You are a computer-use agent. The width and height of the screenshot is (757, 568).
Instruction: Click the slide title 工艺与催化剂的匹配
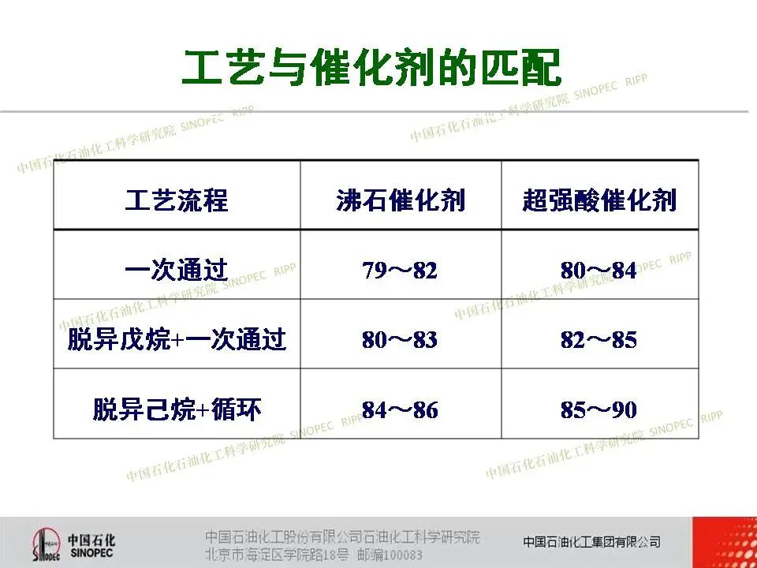coord(371,68)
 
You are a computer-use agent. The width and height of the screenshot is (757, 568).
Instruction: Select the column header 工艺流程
coord(177,200)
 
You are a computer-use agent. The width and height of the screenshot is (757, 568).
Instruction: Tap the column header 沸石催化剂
coord(401,200)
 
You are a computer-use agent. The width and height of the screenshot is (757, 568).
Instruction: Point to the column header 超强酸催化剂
coord(599,200)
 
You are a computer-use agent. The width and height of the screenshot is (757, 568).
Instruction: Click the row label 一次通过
coord(177,270)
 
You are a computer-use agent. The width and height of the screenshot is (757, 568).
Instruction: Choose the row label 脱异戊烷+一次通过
coord(177,339)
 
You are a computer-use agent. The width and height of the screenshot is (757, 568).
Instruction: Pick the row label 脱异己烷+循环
coord(177,409)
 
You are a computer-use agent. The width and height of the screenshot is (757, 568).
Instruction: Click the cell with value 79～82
coord(400,270)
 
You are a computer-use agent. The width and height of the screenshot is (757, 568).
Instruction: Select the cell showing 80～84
coord(599,270)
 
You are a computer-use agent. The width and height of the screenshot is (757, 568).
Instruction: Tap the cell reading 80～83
coord(400,339)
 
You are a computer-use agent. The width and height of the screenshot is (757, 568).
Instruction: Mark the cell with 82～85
coord(599,339)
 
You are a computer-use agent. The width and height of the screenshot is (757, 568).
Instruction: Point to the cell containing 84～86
coord(400,410)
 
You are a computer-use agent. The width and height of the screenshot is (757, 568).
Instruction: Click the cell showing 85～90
coord(599,410)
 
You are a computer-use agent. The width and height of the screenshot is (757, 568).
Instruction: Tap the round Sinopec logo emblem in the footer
coord(47,544)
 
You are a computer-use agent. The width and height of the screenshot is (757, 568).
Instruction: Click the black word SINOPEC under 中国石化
coord(91,552)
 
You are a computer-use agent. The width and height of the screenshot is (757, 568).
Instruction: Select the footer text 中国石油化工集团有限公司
coord(592,542)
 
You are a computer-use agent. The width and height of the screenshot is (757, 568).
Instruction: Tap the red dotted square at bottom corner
coord(725,543)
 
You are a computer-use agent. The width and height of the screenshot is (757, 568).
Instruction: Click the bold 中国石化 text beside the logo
coord(91,540)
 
